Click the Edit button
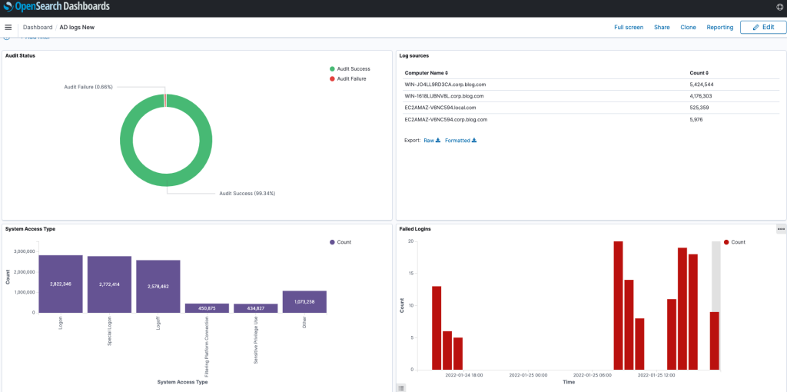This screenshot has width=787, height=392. click(762, 27)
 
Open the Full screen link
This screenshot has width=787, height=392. click(629, 27)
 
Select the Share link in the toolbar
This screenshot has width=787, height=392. click(662, 27)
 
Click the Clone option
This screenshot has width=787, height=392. click(688, 27)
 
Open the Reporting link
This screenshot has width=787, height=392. click(720, 27)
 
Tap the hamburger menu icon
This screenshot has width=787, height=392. click(8, 27)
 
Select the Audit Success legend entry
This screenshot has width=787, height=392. click(353, 69)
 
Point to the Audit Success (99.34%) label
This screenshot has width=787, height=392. click(247, 194)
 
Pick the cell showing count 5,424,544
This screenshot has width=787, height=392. click(702, 85)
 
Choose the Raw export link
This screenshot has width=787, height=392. click(431, 141)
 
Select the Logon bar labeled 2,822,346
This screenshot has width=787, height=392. click(61, 284)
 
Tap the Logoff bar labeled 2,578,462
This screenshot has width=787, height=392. click(158, 286)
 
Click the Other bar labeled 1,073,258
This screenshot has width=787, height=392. click(304, 301)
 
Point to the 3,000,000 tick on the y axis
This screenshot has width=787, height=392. click(21, 251)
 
